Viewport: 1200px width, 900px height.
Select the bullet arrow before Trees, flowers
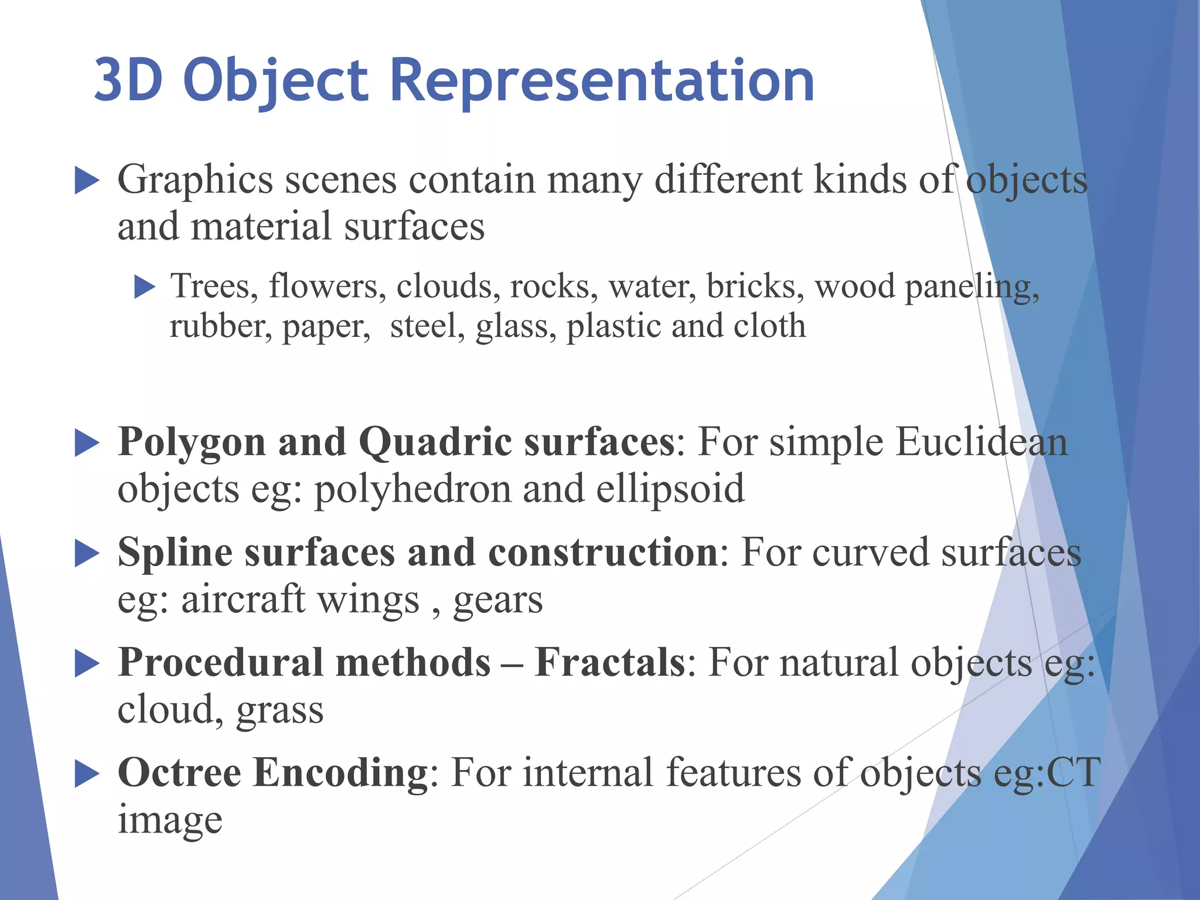coord(144,287)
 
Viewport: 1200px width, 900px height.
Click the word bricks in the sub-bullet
coord(755,287)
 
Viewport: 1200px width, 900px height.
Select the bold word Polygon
coord(192,443)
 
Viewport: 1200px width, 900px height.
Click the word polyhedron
coord(412,490)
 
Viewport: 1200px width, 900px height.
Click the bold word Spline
coord(175,553)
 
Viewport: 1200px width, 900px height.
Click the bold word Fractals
coord(609,662)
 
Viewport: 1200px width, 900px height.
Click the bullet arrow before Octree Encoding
coord(87,774)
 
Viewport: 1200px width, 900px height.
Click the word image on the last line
coord(170,820)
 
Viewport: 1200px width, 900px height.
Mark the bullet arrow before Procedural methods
coord(87,664)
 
